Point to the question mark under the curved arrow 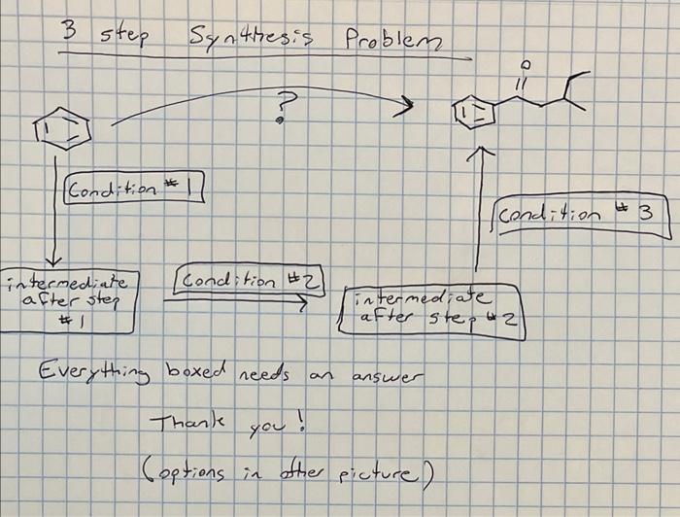[284, 104]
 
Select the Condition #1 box [133, 186]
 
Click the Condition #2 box [247, 280]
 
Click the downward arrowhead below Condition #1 [56, 259]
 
